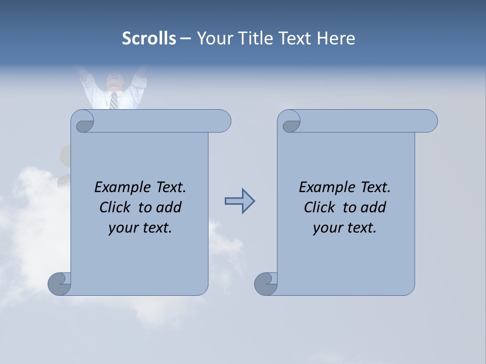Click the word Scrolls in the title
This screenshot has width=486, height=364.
149,38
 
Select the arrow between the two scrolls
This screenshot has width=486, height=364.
239,201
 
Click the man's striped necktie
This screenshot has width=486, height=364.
114,100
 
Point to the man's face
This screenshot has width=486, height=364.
114,81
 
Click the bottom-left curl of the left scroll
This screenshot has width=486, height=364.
59,284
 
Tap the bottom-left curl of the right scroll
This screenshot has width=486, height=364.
266,284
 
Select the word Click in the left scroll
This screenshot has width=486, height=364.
116,207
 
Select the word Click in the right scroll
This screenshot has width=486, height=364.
320,207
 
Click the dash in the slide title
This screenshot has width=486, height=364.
185,39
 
